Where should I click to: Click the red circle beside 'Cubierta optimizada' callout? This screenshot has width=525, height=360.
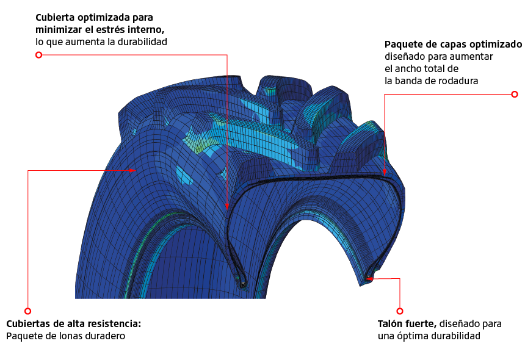click(38, 55)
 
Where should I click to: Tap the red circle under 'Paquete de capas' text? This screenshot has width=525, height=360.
click(514, 94)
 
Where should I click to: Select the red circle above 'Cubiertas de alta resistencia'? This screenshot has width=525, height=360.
click(27, 311)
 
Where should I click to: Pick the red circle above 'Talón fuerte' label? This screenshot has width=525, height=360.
click(400, 311)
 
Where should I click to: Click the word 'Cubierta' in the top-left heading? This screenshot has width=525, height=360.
click(54, 17)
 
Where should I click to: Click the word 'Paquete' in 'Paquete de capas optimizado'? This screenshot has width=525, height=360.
click(404, 45)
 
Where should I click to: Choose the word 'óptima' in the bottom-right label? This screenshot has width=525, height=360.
click(413, 336)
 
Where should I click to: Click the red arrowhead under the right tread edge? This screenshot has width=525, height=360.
click(385, 173)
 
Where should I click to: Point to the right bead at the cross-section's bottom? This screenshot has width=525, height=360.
click(368, 278)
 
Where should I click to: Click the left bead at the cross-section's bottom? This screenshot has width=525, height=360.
click(243, 284)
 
